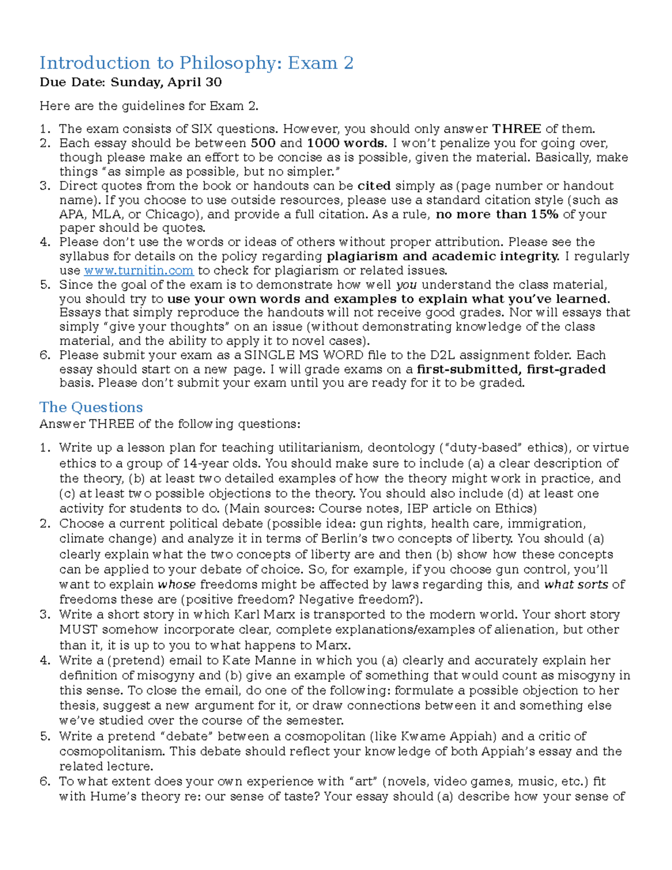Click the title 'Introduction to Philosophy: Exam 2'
[x=196, y=63]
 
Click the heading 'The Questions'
[x=91, y=407]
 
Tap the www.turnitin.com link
[x=139, y=271]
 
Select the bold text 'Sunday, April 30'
[x=166, y=82]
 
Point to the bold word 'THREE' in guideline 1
[x=516, y=129]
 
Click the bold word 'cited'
[x=374, y=186]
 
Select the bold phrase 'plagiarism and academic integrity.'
[x=443, y=257]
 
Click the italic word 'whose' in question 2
[x=176, y=584]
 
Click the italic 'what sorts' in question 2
[x=576, y=584]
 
